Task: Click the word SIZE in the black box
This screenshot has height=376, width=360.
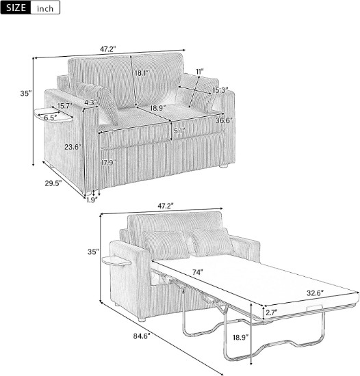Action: click(16, 8)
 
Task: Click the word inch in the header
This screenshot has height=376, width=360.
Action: click(45, 9)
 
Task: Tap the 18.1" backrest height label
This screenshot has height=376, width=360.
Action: click(142, 73)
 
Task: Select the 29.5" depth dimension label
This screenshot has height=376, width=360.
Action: click(53, 183)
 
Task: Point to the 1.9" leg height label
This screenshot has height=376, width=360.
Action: click(92, 200)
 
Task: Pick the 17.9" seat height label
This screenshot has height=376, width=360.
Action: click(108, 163)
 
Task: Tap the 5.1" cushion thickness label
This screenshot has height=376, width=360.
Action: click(179, 131)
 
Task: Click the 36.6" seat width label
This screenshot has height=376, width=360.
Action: click(224, 120)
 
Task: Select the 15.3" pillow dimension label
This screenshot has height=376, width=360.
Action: click(220, 90)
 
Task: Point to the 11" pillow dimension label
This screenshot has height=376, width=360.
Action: click(200, 72)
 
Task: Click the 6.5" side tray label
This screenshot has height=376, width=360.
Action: click(51, 118)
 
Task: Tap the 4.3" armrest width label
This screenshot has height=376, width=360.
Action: click(90, 103)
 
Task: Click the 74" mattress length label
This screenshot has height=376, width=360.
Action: click(198, 272)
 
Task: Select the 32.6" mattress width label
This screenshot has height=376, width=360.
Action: click(315, 293)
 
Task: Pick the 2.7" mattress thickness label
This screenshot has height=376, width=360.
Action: click(271, 312)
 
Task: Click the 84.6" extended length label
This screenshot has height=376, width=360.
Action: click(142, 336)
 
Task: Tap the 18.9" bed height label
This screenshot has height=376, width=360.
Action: click(240, 338)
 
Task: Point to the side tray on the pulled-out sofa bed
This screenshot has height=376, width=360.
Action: click(116, 261)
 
